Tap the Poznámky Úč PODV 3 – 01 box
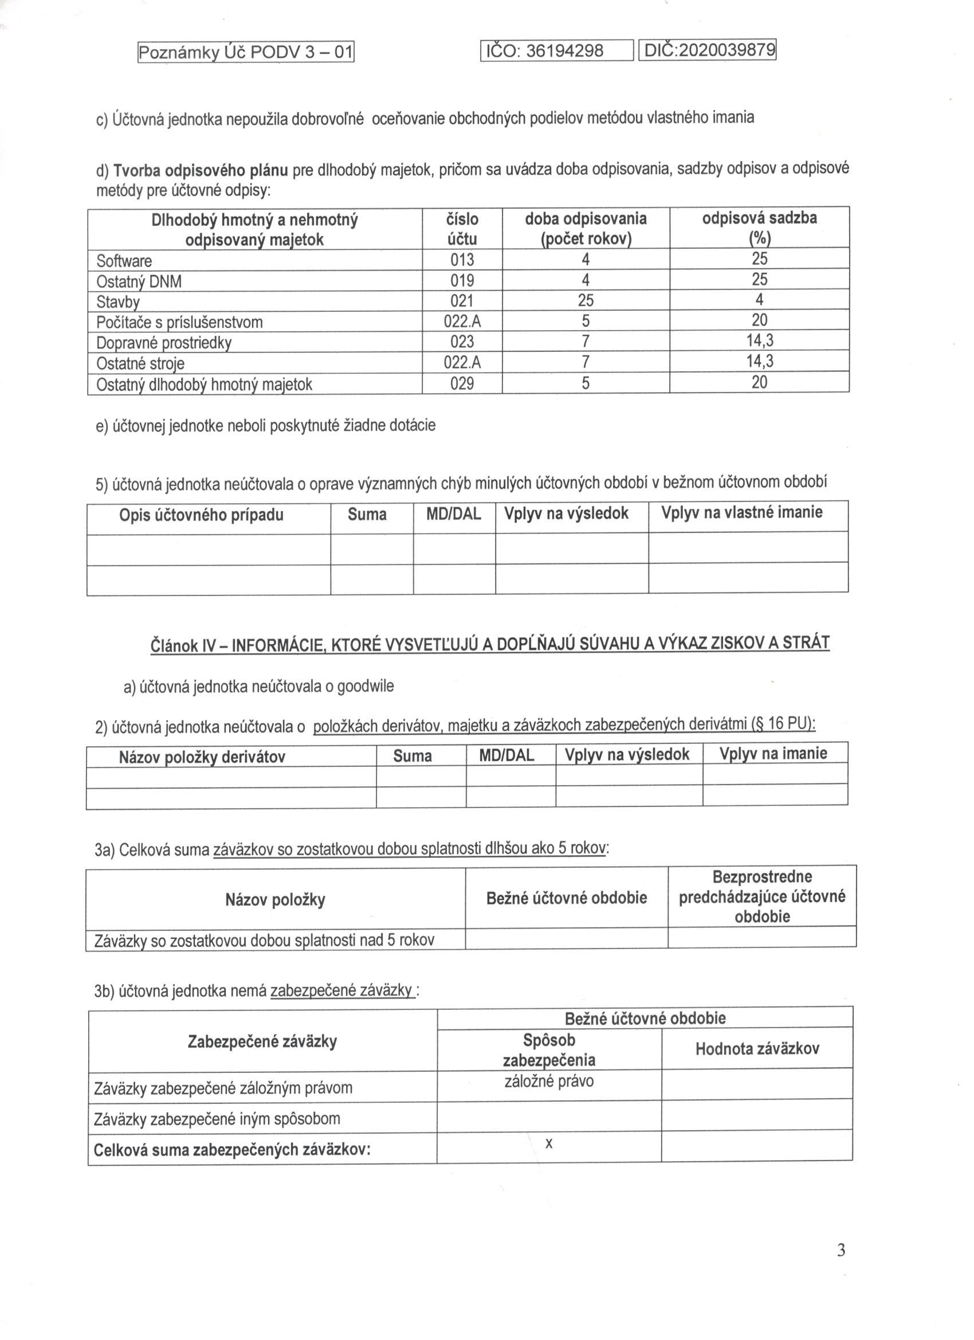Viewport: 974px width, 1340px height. (246, 53)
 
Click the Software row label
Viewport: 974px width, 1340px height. (124, 261)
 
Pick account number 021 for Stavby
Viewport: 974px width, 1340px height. (462, 301)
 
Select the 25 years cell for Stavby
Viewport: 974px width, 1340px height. (586, 300)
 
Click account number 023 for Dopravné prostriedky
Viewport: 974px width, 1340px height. (462, 342)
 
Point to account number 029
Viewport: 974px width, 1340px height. (462, 383)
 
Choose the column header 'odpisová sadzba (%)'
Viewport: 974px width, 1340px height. (759, 228)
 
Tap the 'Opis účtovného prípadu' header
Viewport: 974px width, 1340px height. (202, 515)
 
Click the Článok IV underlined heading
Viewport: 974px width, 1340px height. (490, 644)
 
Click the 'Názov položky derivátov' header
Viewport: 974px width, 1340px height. (202, 758)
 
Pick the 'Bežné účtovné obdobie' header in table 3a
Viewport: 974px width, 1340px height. (567, 898)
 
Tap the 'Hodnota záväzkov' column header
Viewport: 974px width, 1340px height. (757, 1049)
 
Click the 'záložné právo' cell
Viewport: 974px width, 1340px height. (549, 1081)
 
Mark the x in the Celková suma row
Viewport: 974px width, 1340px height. (549, 1143)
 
